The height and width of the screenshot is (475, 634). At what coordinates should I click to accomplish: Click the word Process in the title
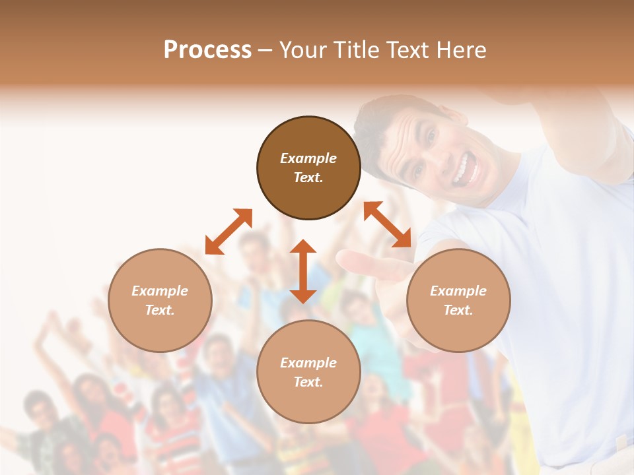click(x=207, y=50)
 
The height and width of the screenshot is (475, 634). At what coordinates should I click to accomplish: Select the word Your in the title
click(x=304, y=50)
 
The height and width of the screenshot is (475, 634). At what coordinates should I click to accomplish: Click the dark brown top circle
click(x=308, y=168)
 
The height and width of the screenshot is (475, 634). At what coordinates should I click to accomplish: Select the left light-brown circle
click(x=160, y=300)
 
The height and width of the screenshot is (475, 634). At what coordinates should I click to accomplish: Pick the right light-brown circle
click(x=458, y=300)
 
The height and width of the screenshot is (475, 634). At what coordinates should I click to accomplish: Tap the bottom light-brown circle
click(x=308, y=372)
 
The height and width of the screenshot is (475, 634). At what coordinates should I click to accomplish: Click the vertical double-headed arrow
click(x=303, y=271)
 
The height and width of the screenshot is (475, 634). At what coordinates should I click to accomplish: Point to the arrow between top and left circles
click(x=229, y=231)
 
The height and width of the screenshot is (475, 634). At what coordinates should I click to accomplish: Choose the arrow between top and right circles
click(x=388, y=224)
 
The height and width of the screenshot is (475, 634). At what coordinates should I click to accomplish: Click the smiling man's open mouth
click(x=465, y=169)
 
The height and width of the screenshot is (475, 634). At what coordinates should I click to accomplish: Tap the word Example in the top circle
click(x=308, y=158)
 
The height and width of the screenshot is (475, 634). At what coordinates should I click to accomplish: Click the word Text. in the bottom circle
click(x=308, y=382)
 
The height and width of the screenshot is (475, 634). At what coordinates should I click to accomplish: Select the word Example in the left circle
click(x=160, y=291)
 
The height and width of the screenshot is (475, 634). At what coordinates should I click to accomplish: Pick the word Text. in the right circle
click(x=458, y=310)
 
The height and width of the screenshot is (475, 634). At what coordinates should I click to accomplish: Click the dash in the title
click(x=265, y=50)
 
